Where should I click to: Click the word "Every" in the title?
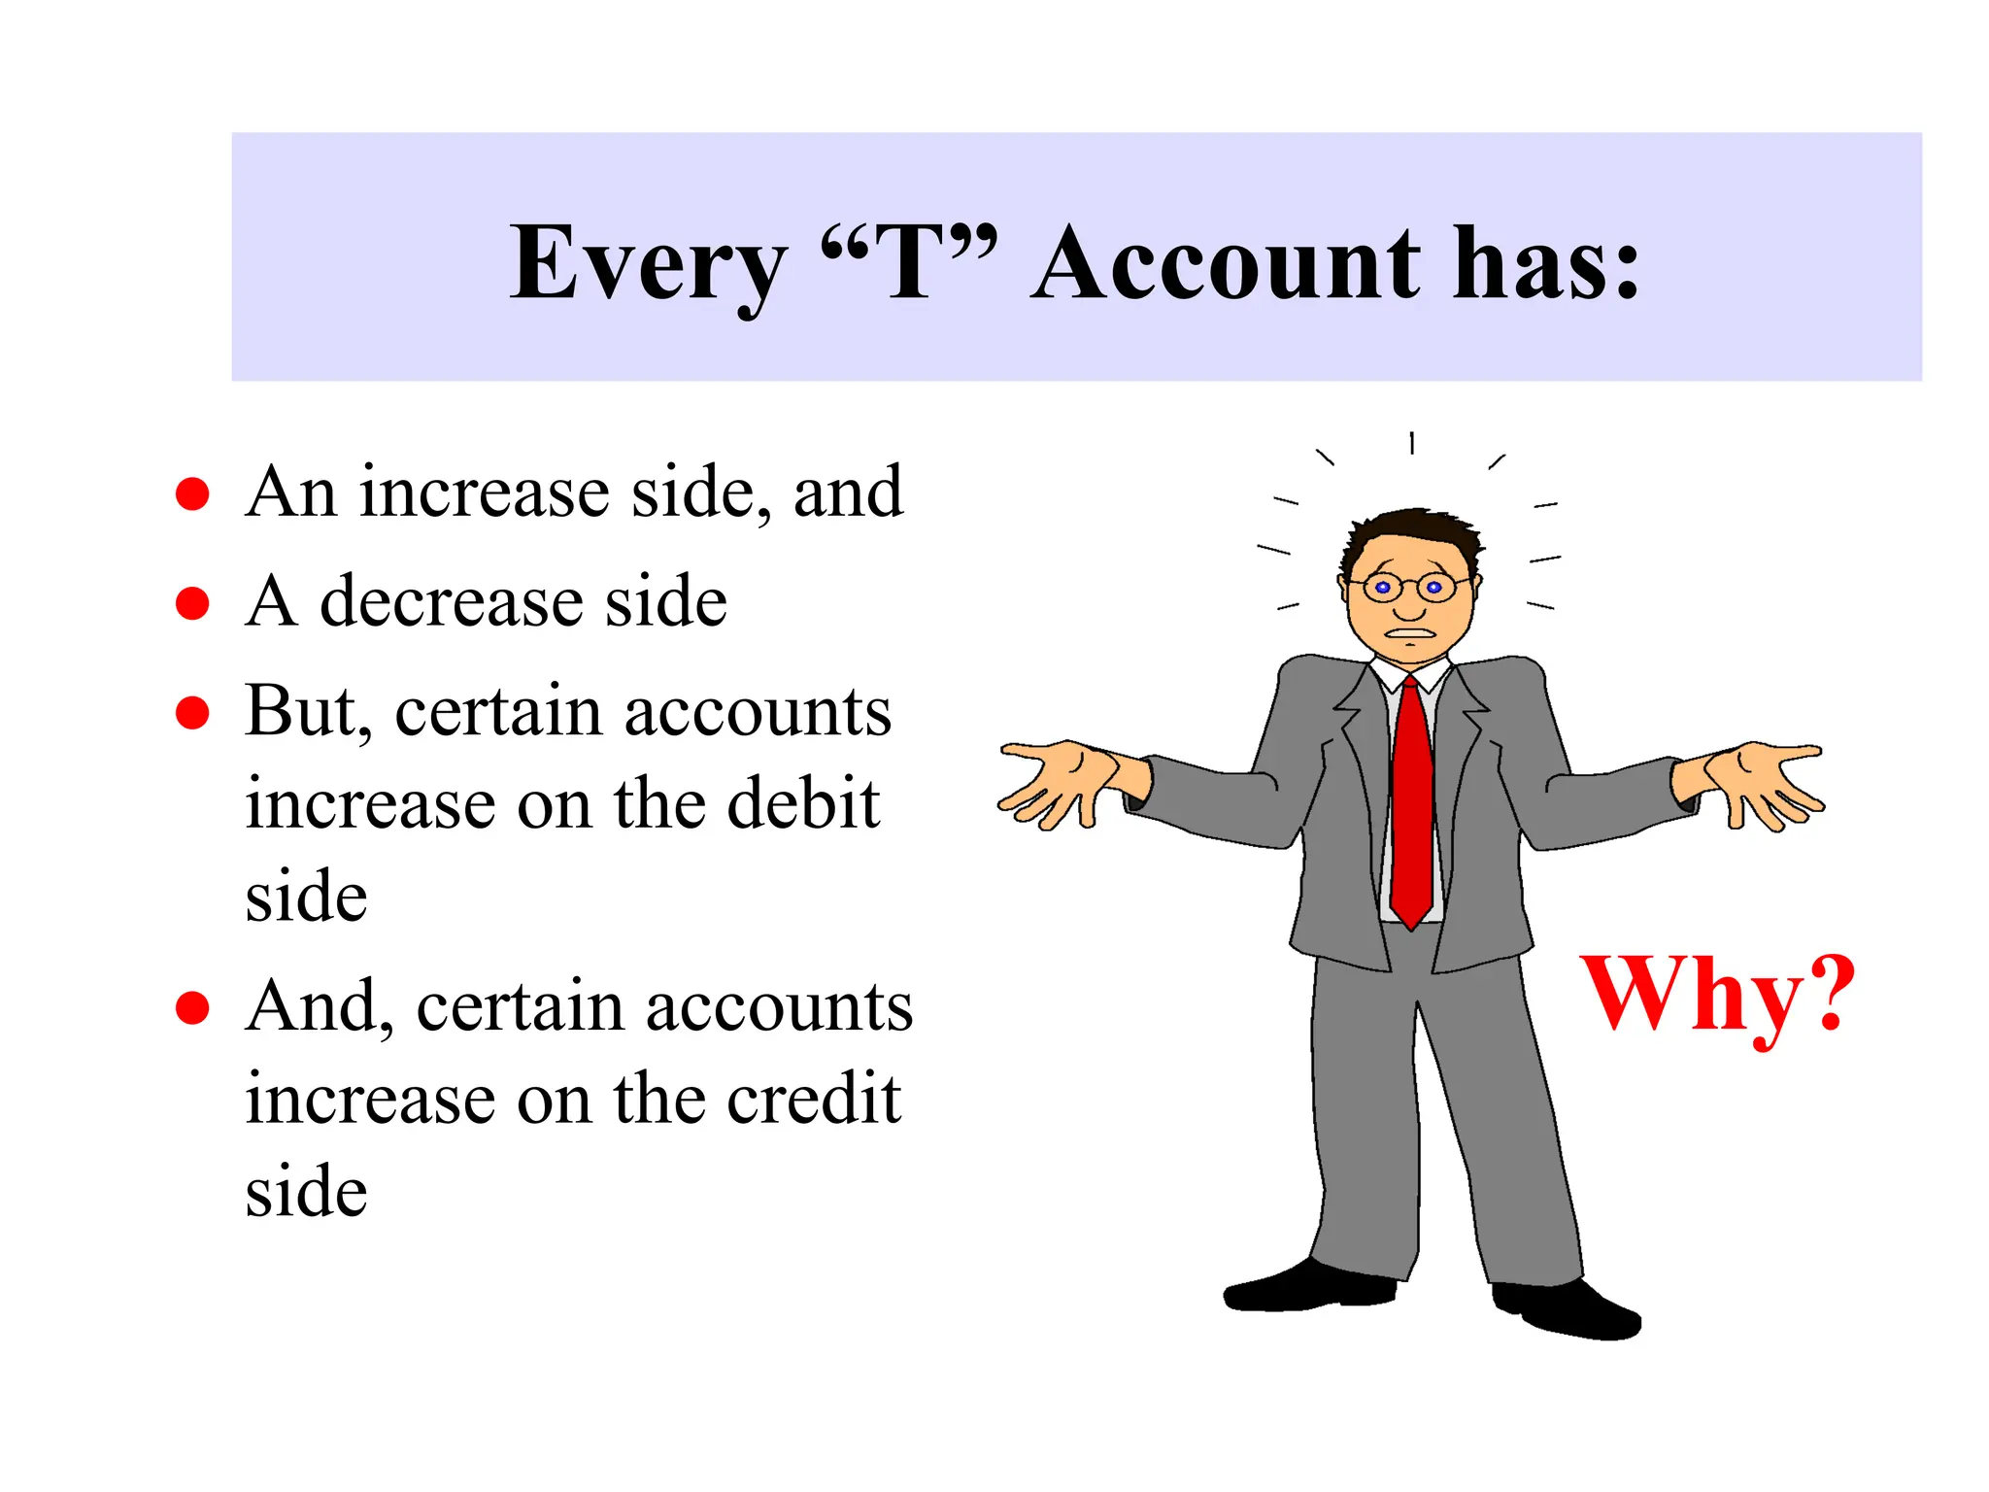pos(648,264)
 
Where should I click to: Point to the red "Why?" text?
pos(1717,995)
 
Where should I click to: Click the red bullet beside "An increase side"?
pos(192,493)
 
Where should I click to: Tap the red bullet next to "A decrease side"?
pos(192,602)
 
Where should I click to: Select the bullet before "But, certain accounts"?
pos(192,712)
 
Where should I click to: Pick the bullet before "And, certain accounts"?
pos(192,1007)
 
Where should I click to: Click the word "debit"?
pos(803,803)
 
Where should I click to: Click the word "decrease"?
pos(451,601)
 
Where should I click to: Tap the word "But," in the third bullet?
pos(308,712)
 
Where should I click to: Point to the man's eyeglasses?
pos(1408,587)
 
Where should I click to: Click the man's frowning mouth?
pos(1410,634)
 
